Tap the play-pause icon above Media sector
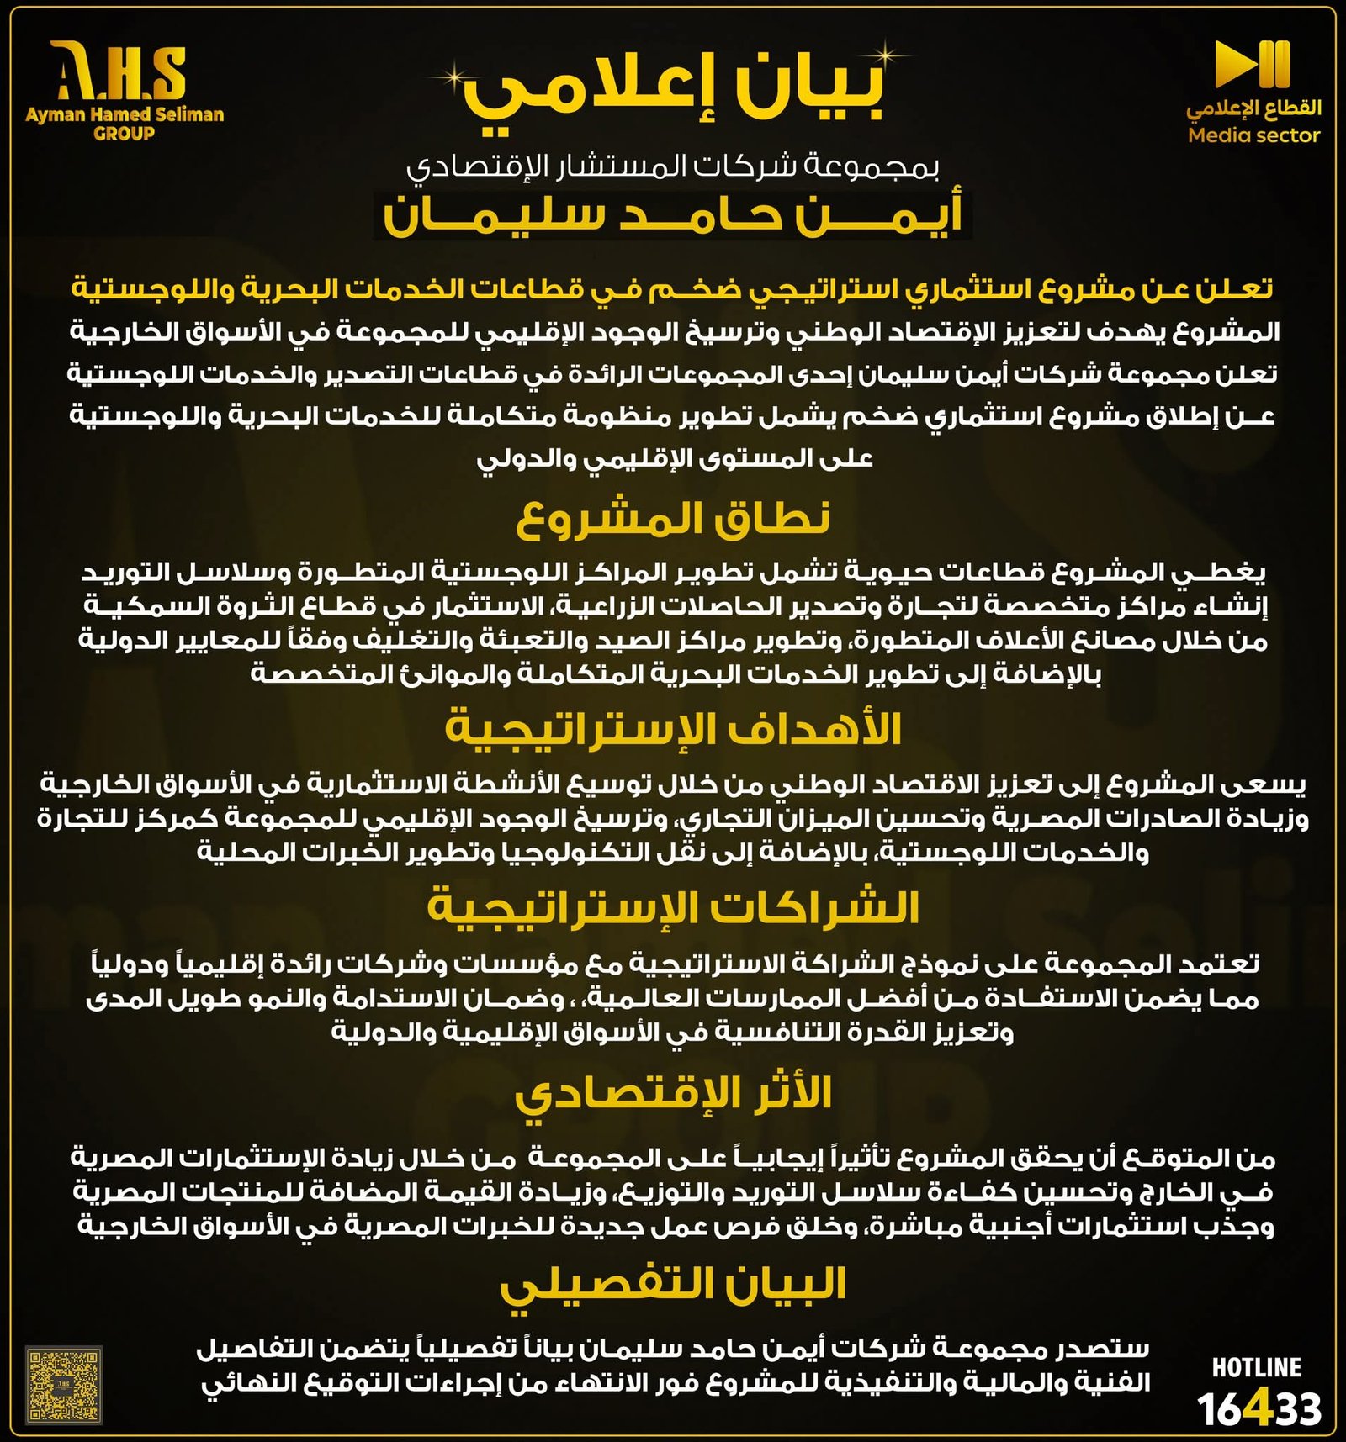pyautogui.click(x=1252, y=64)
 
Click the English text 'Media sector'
pyautogui.click(x=1253, y=135)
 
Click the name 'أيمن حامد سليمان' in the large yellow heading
pyautogui.click(x=673, y=217)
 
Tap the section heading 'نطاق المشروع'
pyautogui.click(x=673, y=518)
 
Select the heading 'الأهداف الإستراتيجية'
pyautogui.click(x=673, y=728)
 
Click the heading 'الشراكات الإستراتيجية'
pyautogui.click(x=673, y=907)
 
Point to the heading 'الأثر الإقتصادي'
pyautogui.click(x=673, y=1094)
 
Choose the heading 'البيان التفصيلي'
pyautogui.click(x=673, y=1285)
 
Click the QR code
pyautogui.click(x=64, y=1385)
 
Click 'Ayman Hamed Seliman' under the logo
pyautogui.click(x=125, y=114)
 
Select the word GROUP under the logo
pyautogui.click(x=125, y=133)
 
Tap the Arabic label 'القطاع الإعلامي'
pyautogui.click(x=1253, y=108)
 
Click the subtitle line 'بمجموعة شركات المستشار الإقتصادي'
pyautogui.click(x=673, y=166)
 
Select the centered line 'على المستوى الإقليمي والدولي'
pyautogui.click(x=675, y=459)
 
